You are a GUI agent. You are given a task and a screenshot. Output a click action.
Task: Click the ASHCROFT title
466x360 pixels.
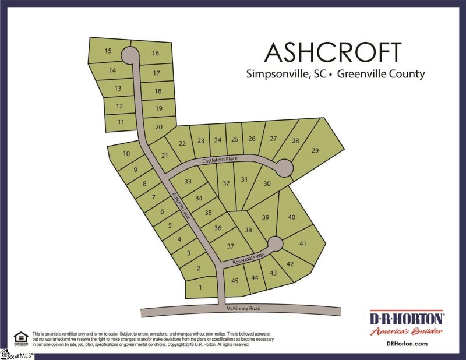[x=333, y=52]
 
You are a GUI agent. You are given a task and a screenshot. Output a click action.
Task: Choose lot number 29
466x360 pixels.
[x=315, y=151]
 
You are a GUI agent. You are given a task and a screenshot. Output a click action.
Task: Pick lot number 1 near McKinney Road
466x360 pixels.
[x=200, y=288]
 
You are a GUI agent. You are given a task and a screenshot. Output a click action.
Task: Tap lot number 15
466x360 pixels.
[x=108, y=51]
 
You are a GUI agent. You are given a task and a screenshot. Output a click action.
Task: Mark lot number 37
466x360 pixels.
[x=230, y=246]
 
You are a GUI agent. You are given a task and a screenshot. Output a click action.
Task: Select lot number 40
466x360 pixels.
[x=292, y=217]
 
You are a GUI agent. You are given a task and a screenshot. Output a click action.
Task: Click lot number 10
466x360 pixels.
[x=126, y=154]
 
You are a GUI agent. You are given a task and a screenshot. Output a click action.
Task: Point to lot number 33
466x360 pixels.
[x=188, y=182]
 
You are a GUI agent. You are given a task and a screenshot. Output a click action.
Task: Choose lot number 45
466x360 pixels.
[x=235, y=280]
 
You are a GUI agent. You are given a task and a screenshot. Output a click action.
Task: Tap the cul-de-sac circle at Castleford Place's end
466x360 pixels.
[x=284, y=168]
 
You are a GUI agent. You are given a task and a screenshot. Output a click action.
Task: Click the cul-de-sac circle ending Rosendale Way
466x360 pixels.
[x=274, y=243]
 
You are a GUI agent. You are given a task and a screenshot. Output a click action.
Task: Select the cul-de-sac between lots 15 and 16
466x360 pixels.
[x=129, y=55]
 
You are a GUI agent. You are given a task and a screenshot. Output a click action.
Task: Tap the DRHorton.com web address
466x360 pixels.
[x=407, y=344]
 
